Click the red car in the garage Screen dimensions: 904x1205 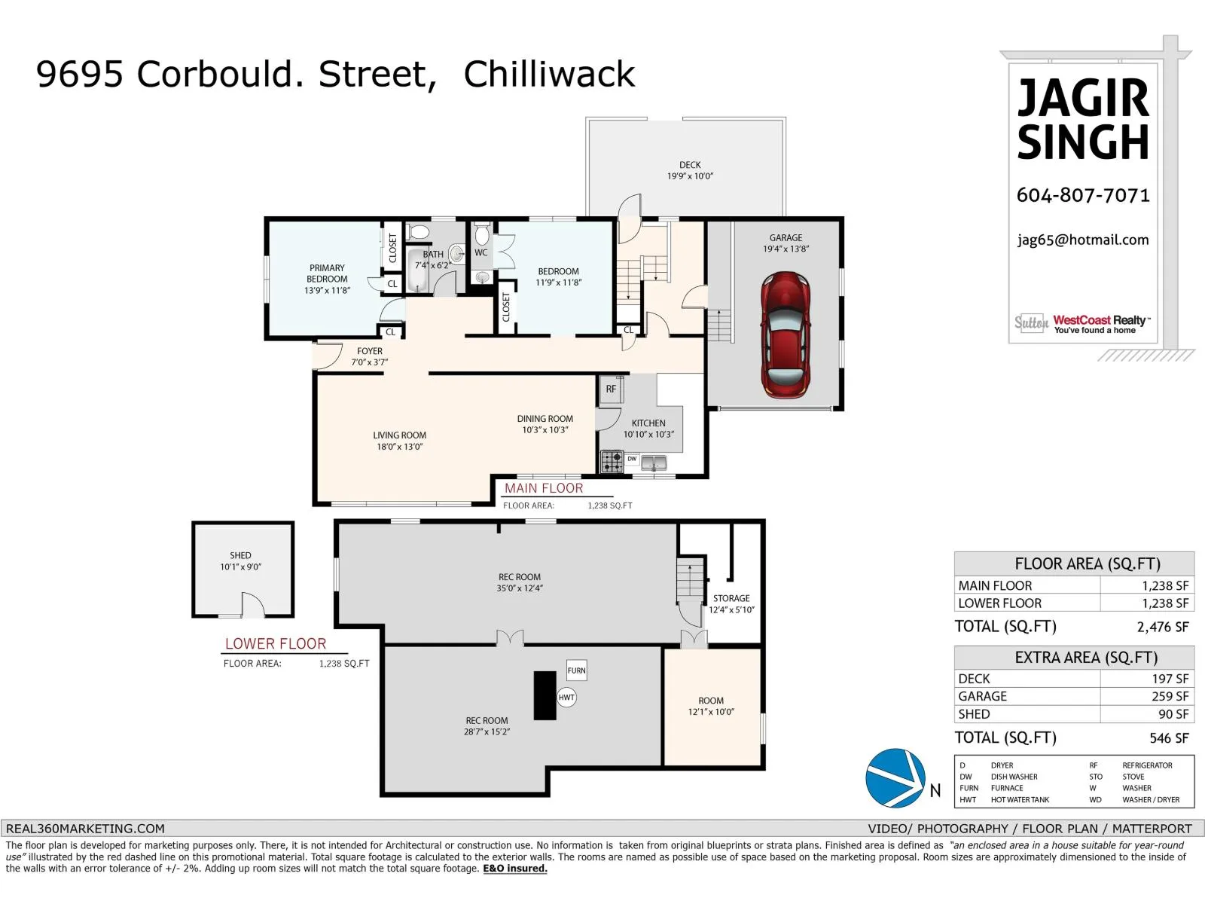pyautogui.click(x=786, y=335)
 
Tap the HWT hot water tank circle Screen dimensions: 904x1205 pyautogui.click(x=566, y=698)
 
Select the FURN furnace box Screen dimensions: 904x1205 pyautogui.click(x=576, y=670)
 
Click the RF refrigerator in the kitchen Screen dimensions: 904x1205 pyautogui.click(x=611, y=389)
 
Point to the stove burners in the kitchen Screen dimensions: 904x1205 pyautogui.click(x=612, y=461)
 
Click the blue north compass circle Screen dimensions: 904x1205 pyautogui.click(x=895, y=778)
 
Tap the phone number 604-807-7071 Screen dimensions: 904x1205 pyautogui.click(x=1083, y=196)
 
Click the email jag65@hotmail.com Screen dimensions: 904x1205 pyautogui.click(x=1083, y=240)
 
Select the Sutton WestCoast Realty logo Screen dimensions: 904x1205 pyautogui.click(x=1083, y=324)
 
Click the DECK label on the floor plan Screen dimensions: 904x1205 pyautogui.click(x=690, y=165)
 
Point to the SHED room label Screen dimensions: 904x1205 pyautogui.click(x=240, y=556)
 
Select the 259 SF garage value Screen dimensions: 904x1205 pyautogui.click(x=1170, y=697)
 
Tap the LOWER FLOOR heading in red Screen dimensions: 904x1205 pyautogui.click(x=276, y=644)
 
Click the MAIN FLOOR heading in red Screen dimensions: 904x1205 pyautogui.click(x=544, y=488)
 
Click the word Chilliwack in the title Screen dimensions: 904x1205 pyautogui.click(x=549, y=75)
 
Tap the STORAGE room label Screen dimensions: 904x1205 pyautogui.click(x=731, y=598)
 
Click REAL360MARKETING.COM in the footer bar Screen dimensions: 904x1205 pyautogui.click(x=85, y=829)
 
